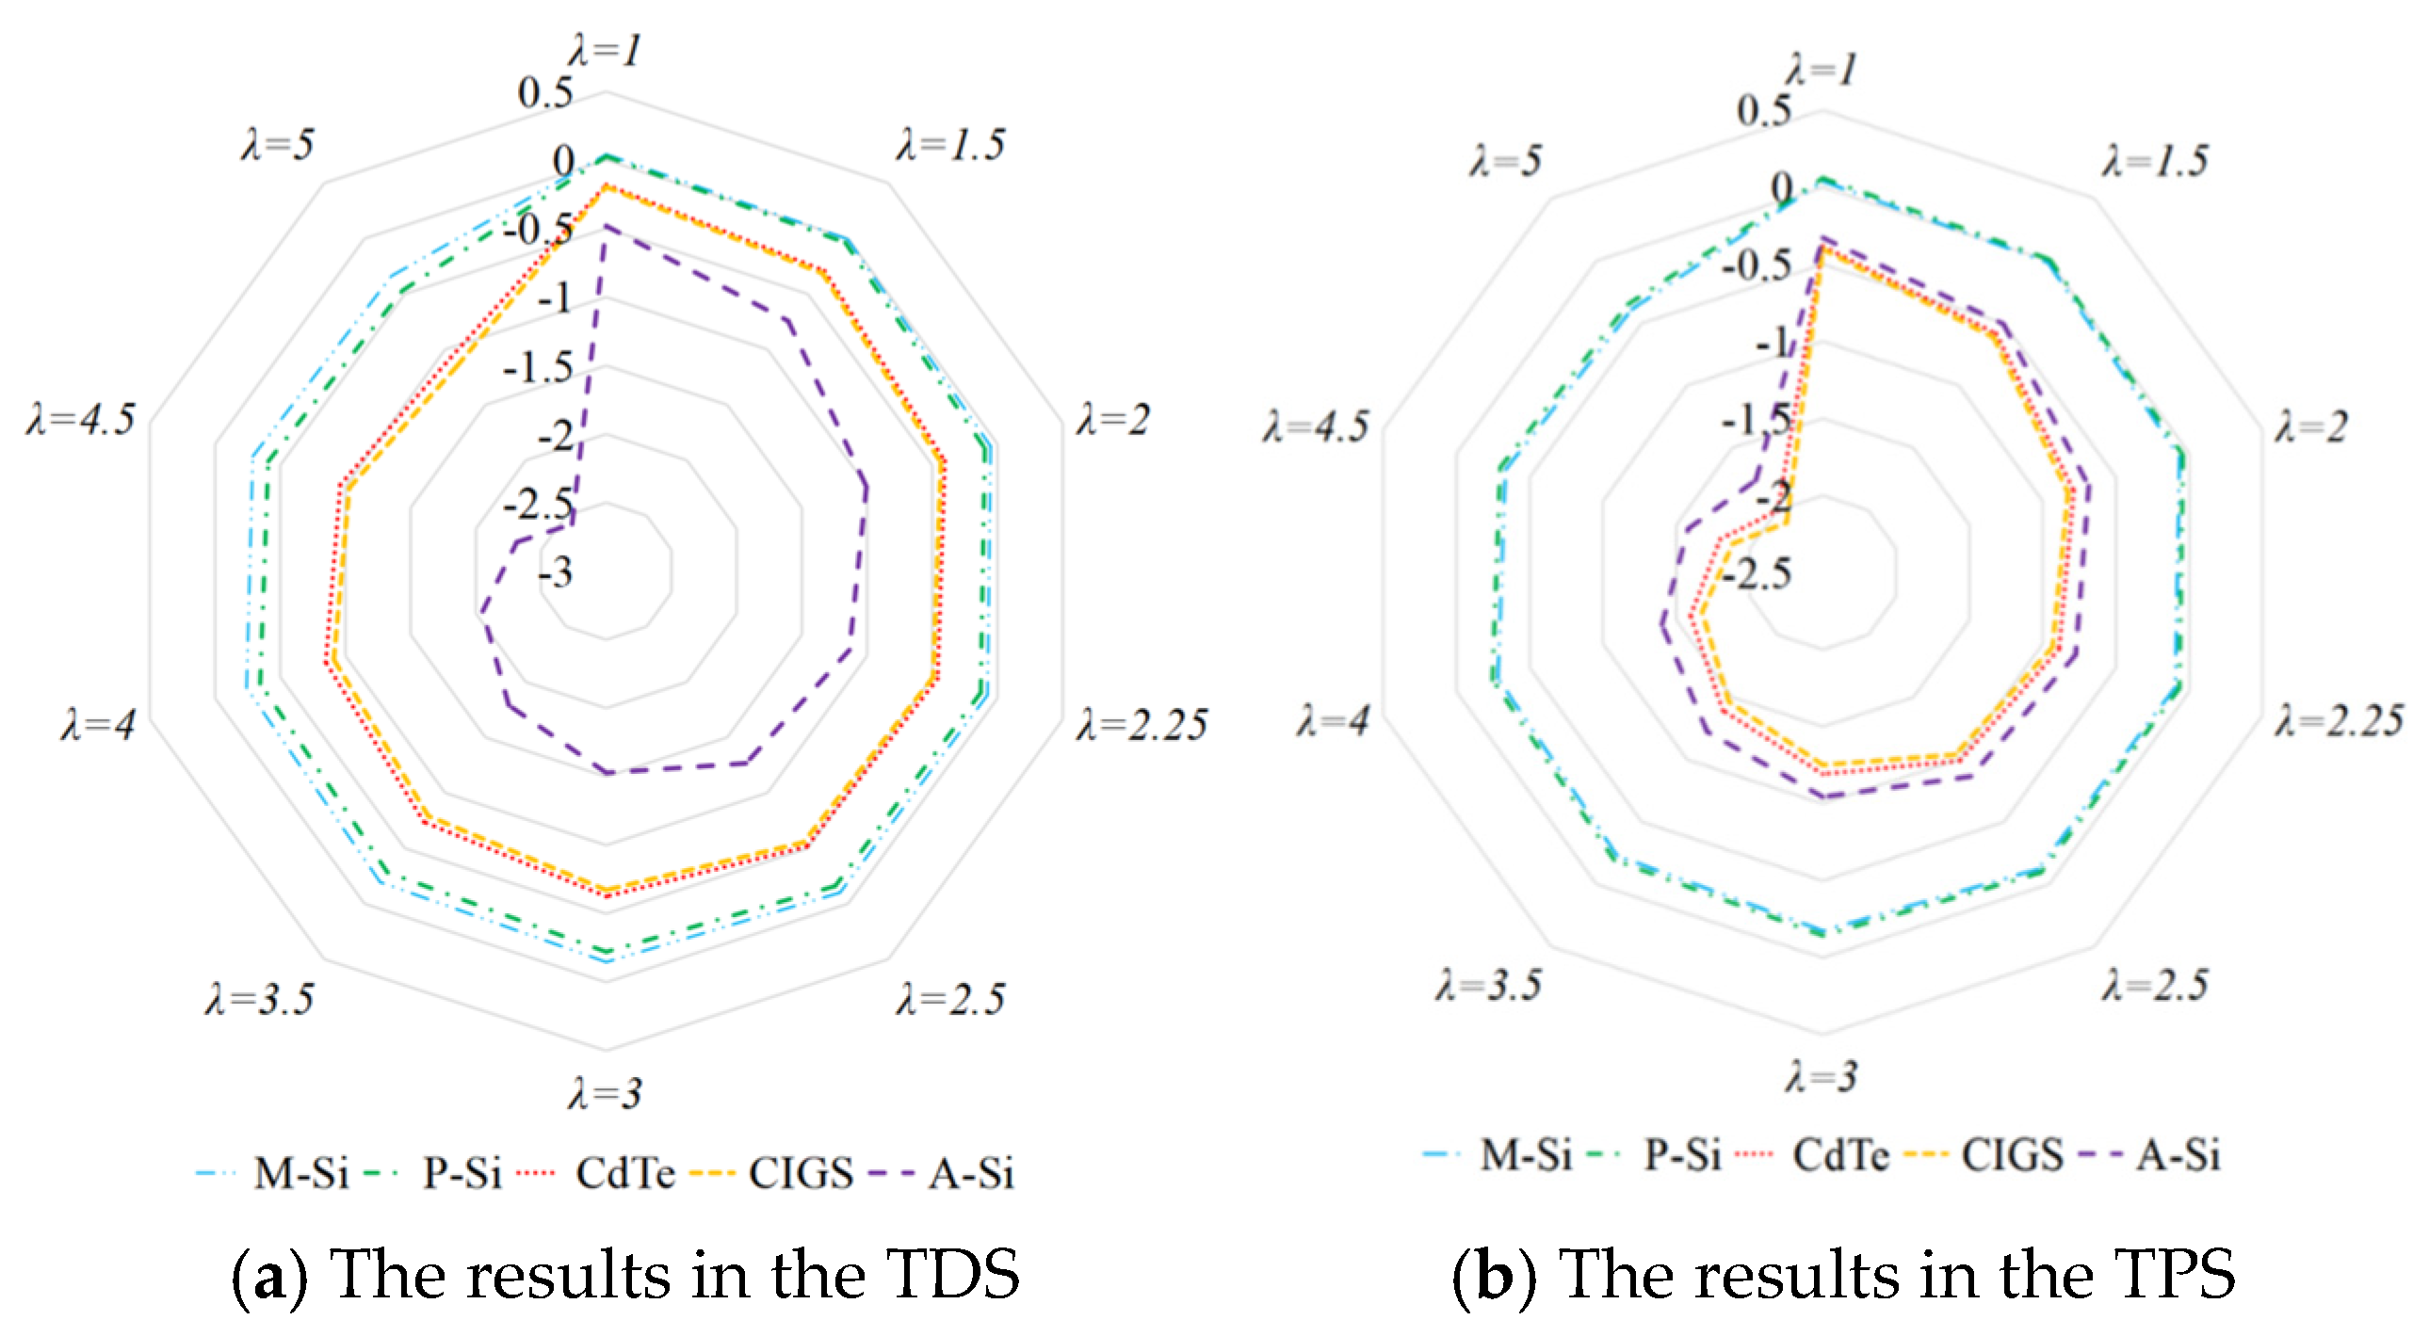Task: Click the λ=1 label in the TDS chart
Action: tap(606, 51)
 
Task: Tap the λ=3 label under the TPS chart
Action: tap(1821, 1077)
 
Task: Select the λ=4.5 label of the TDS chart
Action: tap(81, 420)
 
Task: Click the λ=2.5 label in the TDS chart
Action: tap(950, 999)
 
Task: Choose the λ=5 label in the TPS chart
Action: tap(1505, 161)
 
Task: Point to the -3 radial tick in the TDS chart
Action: tap(556, 572)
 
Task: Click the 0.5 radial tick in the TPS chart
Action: tap(1763, 111)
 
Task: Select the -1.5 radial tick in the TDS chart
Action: tap(538, 368)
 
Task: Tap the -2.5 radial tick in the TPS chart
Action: tap(1757, 573)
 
